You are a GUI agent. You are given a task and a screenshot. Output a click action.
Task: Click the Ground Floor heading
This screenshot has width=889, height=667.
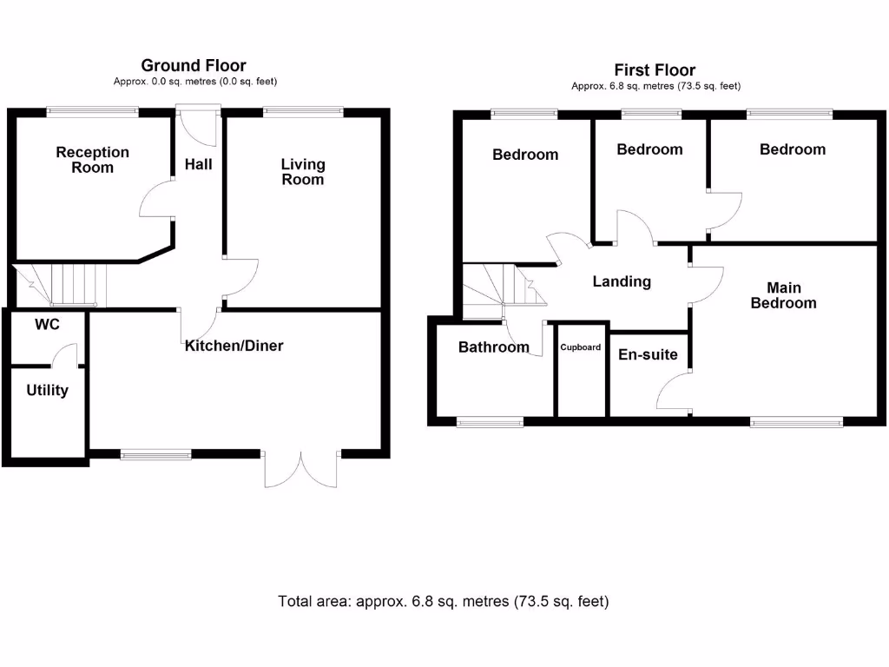click(x=194, y=66)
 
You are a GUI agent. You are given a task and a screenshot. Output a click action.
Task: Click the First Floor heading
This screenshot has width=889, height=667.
click(x=655, y=70)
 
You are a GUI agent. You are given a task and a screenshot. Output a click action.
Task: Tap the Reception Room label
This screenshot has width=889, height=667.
click(x=92, y=160)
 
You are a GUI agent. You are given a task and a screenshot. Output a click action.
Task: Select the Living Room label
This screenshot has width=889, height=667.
click(x=303, y=172)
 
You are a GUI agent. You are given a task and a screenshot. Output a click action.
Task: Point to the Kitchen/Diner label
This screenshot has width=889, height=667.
click(x=234, y=346)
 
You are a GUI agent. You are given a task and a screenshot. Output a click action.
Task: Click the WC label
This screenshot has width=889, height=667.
click(x=46, y=325)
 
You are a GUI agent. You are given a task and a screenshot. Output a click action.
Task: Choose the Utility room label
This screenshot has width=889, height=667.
click(x=47, y=391)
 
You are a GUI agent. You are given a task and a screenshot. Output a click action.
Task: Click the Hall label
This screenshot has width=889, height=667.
click(x=198, y=164)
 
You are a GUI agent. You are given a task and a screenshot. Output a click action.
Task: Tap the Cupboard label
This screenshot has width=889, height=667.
click(x=580, y=347)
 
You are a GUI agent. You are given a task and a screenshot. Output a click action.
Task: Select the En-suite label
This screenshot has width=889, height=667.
click(x=648, y=354)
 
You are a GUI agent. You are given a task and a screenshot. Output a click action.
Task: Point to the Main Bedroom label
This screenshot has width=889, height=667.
click(x=783, y=295)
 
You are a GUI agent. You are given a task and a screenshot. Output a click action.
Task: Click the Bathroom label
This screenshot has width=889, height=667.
click(x=493, y=347)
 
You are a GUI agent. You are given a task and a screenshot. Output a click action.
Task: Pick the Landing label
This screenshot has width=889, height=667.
click(x=622, y=281)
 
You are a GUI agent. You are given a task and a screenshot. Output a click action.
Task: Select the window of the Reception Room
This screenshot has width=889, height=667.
click(x=92, y=110)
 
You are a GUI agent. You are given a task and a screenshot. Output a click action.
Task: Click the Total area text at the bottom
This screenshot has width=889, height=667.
click(x=444, y=601)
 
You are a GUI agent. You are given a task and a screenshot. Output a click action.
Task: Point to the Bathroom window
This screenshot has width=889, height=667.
click(x=490, y=422)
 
